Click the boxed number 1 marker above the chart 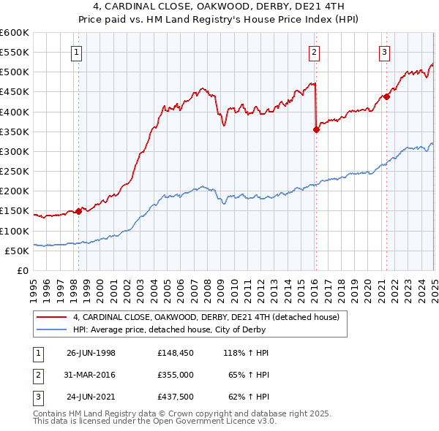(77, 51)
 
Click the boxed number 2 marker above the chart (314, 51)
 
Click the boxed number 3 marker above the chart (384, 51)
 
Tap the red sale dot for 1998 (78, 212)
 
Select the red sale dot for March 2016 (316, 130)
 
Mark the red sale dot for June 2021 (386, 97)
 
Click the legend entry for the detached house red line (206, 318)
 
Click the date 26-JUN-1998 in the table (91, 353)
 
